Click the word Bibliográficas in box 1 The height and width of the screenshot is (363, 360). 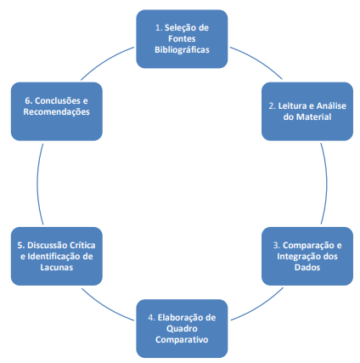[x=182, y=50]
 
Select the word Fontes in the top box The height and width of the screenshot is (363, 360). [x=182, y=38]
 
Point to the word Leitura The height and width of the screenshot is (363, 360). [x=293, y=106]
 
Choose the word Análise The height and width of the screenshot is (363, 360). [x=331, y=106]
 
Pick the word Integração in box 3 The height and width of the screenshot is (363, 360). [x=298, y=257]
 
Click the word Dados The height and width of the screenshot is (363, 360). [x=307, y=268]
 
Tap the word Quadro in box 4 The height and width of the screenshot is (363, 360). [x=182, y=329]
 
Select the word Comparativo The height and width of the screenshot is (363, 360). [x=182, y=340]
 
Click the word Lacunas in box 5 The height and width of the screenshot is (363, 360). [x=57, y=268]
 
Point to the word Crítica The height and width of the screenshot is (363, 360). [x=82, y=246]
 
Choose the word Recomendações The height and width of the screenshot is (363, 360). [x=57, y=112]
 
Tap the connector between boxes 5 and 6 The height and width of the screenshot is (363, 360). [x=37, y=184]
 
